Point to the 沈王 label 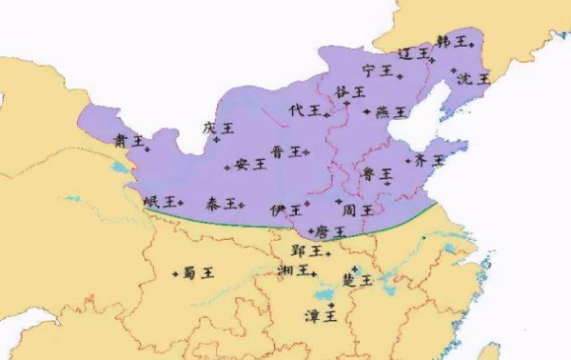[x=471, y=78]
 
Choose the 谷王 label [x=350, y=91]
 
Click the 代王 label [x=305, y=110]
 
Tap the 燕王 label [x=391, y=112]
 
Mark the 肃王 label [x=128, y=140]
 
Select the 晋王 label [x=285, y=151]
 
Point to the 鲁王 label [x=377, y=174]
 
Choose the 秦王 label [x=223, y=204]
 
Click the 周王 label [x=359, y=209]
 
